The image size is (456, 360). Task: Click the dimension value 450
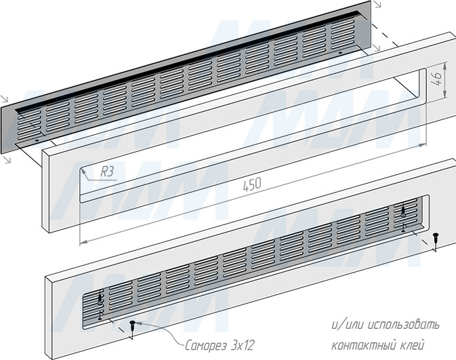tap(252, 185)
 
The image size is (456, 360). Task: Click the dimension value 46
tap(437, 79)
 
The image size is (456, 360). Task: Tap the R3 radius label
tap(107, 172)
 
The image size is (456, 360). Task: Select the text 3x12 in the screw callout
tap(243, 346)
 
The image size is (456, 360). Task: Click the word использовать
tap(403, 325)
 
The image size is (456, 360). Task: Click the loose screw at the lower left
tap(133, 325)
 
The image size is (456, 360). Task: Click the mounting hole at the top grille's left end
tap(37, 140)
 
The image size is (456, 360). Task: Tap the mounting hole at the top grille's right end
tap(340, 53)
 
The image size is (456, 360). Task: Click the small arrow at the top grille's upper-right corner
tap(377, 4)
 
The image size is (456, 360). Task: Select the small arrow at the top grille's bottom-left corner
tap(8, 159)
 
